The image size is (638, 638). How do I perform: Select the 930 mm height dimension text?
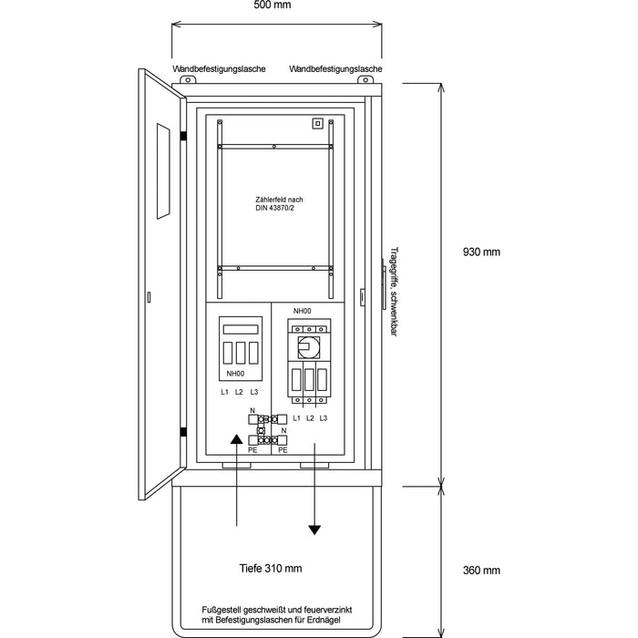tap(481, 252)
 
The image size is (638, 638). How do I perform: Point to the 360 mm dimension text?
tap(481, 571)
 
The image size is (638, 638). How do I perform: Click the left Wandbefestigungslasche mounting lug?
tap(190, 80)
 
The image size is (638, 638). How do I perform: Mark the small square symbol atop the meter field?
tap(317, 124)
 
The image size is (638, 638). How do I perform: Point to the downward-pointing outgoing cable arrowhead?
tap(315, 528)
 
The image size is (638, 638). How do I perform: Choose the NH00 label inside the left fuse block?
tap(234, 374)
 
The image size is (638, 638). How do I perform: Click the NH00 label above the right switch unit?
tap(302, 312)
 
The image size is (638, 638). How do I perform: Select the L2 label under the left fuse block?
tap(239, 392)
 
